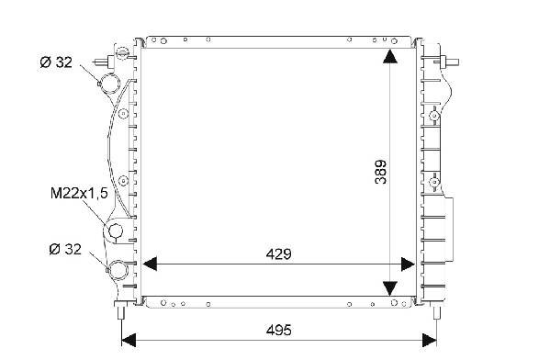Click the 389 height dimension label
point(380,172)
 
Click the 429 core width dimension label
point(278,254)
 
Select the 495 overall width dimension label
point(278,331)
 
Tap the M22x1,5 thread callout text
point(79,194)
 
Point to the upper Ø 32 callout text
point(56,62)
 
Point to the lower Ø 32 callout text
point(65,249)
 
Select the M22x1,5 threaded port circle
point(116,231)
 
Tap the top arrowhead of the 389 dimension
point(390,57)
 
